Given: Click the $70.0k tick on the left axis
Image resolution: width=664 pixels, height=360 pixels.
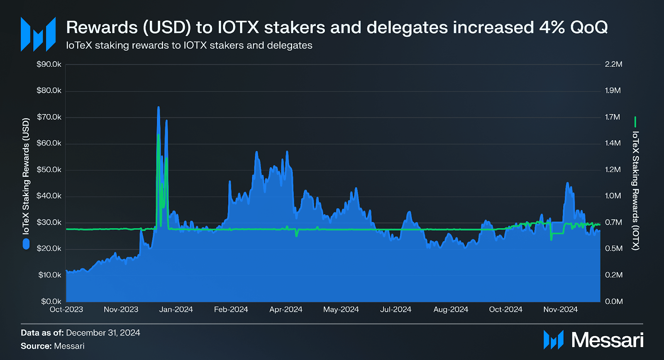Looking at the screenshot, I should [x=49, y=117].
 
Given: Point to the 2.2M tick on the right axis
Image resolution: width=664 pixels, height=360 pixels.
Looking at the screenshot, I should [x=613, y=64].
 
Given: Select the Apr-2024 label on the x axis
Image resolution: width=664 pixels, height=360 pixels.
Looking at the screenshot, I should [x=286, y=309].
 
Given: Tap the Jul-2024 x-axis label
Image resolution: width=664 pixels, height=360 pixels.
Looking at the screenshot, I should [x=395, y=309].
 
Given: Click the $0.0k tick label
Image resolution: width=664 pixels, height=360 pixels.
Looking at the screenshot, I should [x=51, y=302].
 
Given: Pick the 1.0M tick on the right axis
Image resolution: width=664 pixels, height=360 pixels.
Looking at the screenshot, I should [x=613, y=196].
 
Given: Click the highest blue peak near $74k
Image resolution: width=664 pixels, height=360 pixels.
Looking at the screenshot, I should [x=158, y=107].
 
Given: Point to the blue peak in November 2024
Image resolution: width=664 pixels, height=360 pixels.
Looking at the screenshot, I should [x=567, y=183].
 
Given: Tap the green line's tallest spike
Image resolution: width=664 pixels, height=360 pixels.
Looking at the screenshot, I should [x=158, y=135].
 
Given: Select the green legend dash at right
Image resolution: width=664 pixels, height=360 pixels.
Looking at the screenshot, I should [x=635, y=122].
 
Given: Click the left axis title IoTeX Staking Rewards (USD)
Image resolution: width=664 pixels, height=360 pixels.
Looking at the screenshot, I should [x=26, y=176].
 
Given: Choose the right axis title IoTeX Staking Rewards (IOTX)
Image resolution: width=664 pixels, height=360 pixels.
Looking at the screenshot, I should [x=635, y=190].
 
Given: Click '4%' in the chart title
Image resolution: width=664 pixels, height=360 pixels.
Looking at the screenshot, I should [x=552, y=27].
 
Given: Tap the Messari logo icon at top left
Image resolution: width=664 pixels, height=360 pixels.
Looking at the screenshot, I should [x=38, y=34].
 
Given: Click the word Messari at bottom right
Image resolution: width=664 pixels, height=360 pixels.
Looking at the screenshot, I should [x=607, y=340].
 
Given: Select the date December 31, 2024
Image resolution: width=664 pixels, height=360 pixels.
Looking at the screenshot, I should [x=103, y=333].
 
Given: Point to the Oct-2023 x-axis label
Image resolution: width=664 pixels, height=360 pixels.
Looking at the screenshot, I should [x=66, y=309].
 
